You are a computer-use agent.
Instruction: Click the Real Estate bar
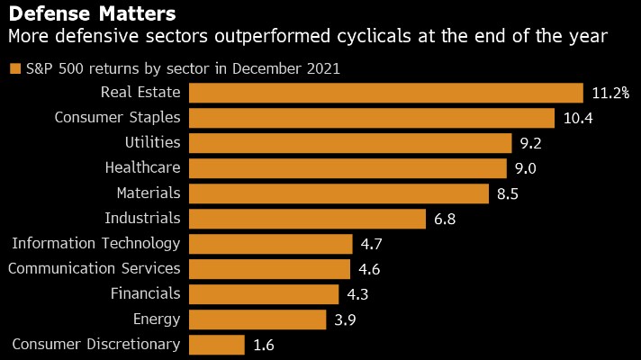point(386,93)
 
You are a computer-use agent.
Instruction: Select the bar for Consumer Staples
point(372,118)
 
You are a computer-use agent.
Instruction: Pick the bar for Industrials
point(307,219)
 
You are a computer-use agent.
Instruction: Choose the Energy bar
point(257,319)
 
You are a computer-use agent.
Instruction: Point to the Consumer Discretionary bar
point(217,345)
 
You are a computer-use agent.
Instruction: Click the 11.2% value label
point(610,93)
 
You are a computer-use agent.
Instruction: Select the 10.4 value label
point(579,118)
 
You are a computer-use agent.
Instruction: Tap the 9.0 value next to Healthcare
point(526,168)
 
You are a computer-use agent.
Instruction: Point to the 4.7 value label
point(373,244)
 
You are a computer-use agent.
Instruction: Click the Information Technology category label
point(95,243)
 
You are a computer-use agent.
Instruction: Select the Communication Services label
point(95,268)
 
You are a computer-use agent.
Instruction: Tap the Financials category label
point(145,293)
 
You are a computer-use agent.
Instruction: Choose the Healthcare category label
point(142,167)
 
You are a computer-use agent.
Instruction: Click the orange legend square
point(14,68)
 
